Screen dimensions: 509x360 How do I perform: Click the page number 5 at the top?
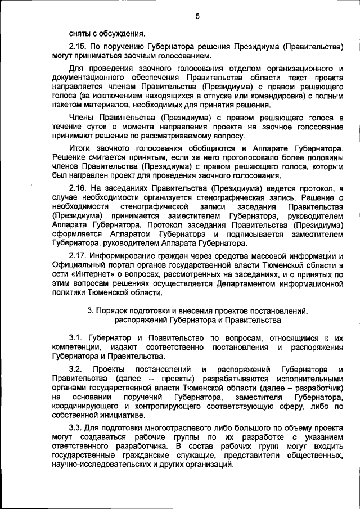[x=197, y=16]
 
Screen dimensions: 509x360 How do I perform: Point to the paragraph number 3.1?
[x=76, y=337]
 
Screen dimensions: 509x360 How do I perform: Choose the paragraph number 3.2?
[x=75, y=369]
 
